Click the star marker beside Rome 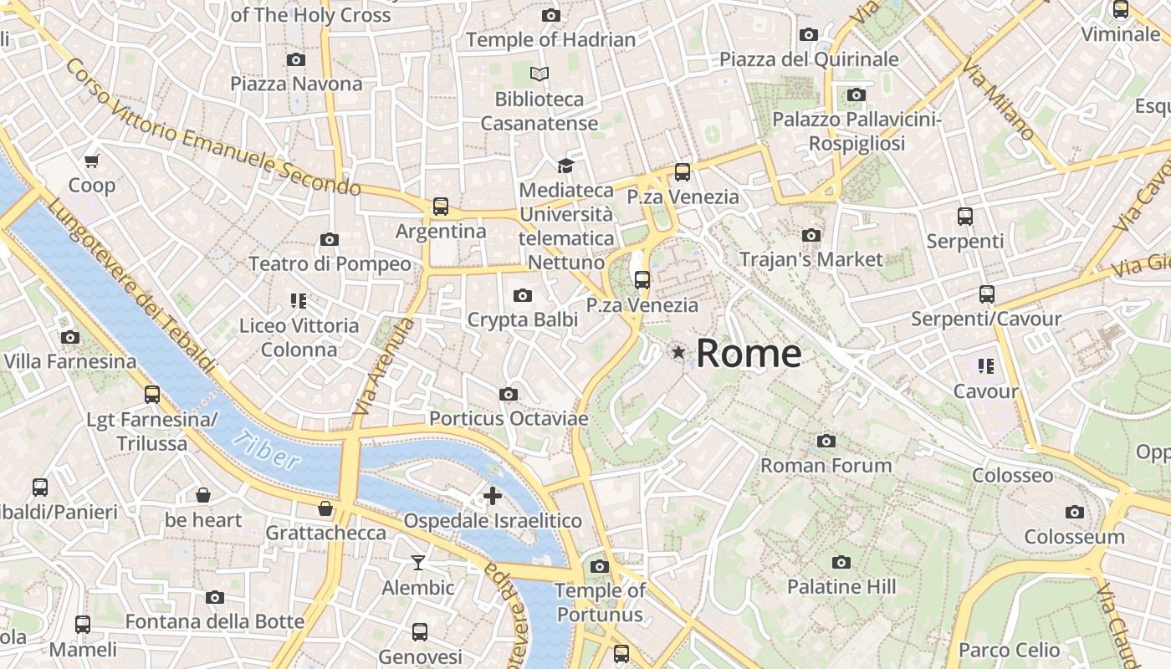678,354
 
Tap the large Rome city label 749,354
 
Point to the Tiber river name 266,450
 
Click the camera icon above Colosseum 1075,512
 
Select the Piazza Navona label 296,84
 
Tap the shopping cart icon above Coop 92,161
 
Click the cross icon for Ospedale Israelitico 493,496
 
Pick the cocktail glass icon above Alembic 418,563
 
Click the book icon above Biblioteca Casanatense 539,74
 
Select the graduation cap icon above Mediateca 566,166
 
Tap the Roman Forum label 826,465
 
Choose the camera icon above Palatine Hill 841,563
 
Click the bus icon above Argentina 441,207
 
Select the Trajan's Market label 810,259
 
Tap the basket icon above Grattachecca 325,508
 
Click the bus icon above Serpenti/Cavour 987,294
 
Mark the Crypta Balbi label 523,319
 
